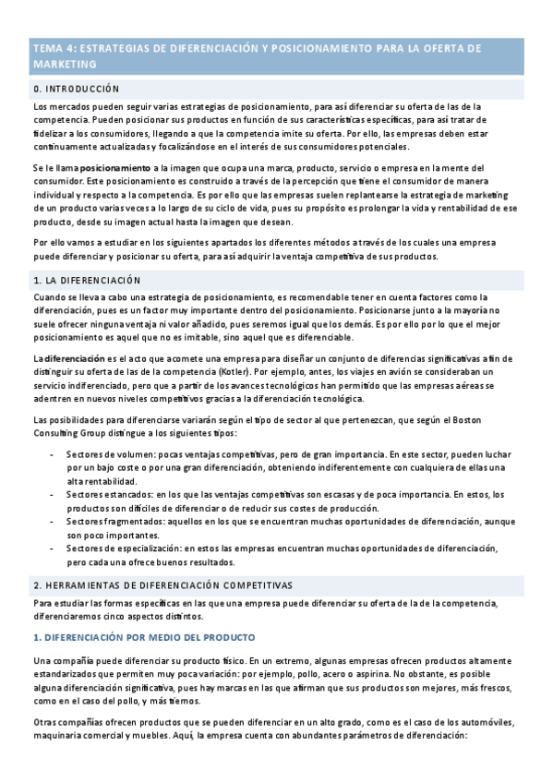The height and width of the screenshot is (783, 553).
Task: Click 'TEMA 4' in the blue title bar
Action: (52, 48)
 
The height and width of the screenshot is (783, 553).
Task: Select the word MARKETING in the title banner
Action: (65, 65)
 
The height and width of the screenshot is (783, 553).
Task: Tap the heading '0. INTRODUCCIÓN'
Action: (77, 89)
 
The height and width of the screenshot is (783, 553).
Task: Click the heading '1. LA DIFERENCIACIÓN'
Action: (87, 279)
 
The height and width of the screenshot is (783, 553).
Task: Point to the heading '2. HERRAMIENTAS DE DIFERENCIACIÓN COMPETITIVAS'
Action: (162, 585)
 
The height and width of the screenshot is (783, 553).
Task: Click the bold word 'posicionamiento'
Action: (114, 169)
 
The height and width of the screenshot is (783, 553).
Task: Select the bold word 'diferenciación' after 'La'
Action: (75, 358)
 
